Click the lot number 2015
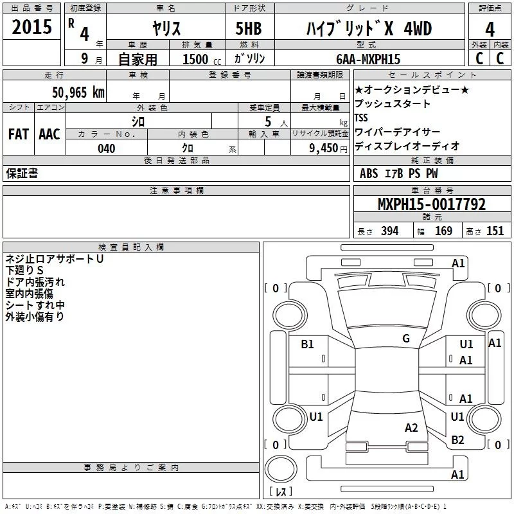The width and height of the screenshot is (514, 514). click(32, 27)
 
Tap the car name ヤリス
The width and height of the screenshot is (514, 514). click(165, 28)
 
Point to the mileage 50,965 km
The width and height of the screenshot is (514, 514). click(78, 93)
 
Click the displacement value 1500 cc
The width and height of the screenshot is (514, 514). click(199, 59)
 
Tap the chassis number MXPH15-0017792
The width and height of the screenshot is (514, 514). click(432, 204)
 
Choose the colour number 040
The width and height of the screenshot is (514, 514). click(107, 148)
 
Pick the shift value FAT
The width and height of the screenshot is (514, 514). click(18, 134)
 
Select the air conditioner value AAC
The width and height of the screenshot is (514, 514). click(49, 134)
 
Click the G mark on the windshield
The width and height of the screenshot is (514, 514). click(406, 339)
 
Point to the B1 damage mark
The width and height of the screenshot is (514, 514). click(308, 344)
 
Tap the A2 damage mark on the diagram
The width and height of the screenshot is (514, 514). click(412, 428)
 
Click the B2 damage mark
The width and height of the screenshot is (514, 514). click(457, 439)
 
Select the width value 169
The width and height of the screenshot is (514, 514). click(443, 231)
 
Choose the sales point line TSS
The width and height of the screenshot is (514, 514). click(361, 118)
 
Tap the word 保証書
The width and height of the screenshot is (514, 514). click(22, 173)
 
